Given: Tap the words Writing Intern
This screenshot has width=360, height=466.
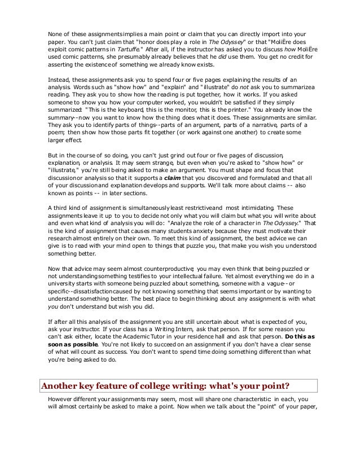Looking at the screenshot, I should pyautogui.click(x=183, y=328).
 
